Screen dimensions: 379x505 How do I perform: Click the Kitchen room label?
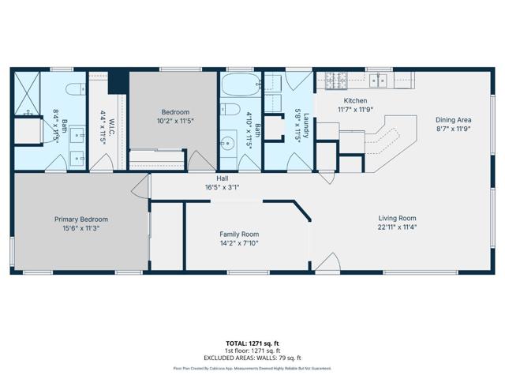tap(355, 101)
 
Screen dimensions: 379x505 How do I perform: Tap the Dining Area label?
tap(453, 120)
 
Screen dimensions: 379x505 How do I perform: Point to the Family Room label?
tap(238, 235)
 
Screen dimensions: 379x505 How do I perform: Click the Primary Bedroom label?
tap(80, 219)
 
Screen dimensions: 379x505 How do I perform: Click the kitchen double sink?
tap(380, 80)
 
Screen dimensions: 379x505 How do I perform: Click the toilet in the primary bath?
tap(75, 88)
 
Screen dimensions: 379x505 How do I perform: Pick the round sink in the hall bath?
tap(227, 144)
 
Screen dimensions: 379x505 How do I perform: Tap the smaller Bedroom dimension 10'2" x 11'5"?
tap(174, 121)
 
